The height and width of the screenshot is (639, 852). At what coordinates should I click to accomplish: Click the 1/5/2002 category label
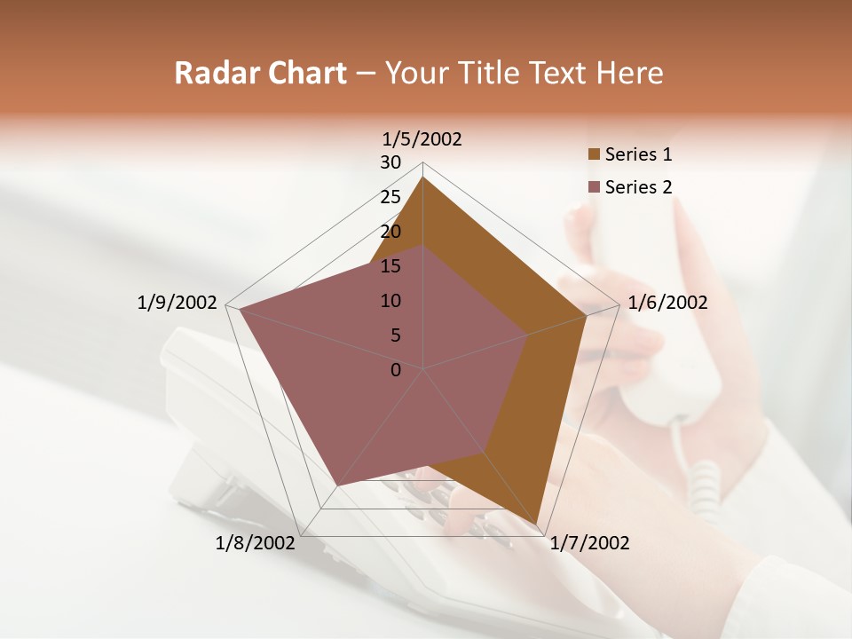pos(422,138)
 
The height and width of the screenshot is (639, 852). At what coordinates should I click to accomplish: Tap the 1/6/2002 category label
pos(667,303)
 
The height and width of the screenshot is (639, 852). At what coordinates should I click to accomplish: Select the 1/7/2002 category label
pos(589,543)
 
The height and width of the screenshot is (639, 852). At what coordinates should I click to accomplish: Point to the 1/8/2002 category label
pos(255,543)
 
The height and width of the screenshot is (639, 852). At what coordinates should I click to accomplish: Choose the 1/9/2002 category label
pos(177,303)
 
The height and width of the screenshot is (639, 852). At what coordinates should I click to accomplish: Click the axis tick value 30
pos(390,162)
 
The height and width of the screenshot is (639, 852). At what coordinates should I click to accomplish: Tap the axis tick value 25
pos(390,197)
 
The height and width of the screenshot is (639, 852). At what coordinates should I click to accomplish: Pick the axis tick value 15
pos(390,266)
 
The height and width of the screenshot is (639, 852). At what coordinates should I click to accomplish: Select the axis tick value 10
pos(390,301)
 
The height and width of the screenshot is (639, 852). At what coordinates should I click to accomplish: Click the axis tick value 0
pos(396,370)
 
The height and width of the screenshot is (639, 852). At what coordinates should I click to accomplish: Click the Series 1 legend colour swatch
pos(594,154)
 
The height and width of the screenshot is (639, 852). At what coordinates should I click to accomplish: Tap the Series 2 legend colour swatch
pos(594,187)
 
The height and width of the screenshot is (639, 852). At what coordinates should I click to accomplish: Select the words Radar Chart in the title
pos(260,73)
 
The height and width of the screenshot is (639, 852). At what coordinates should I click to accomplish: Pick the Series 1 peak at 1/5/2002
pos(423,177)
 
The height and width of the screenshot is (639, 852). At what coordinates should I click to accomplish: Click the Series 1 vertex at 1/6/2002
pos(588,315)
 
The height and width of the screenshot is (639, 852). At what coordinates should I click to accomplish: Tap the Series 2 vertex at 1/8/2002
pos(338,486)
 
